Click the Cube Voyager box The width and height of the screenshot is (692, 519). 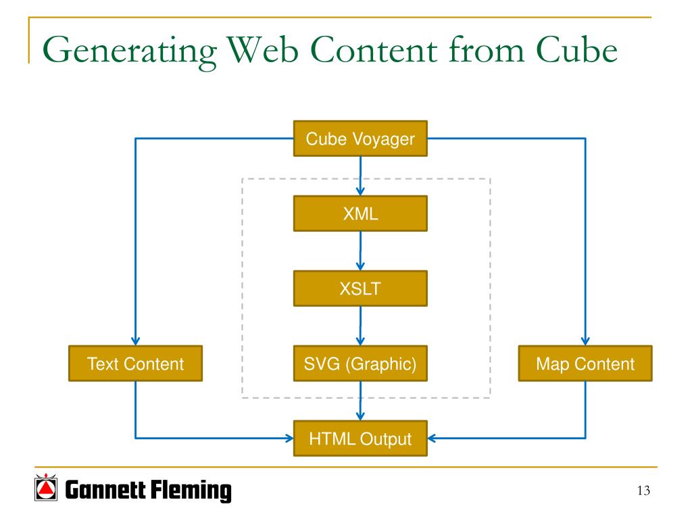pyautogui.click(x=360, y=139)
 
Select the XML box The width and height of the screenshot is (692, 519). pyautogui.click(x=360, y=214)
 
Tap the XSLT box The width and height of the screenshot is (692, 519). pyautogui.click(x=360, y=289)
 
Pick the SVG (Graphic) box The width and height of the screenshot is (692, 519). pyautogui.click(x=360, y=364)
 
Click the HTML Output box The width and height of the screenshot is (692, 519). pyautogui.click(x=360, y=439)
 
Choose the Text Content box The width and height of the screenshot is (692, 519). pyautogui.click(x=135, y=364)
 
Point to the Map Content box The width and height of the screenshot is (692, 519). pyautogui.click(x=585, y=364)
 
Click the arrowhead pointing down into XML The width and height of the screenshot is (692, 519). pyautogui.click(x=360, y=191)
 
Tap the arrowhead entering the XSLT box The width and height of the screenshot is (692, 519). pyautogui.click(x=360, y=266)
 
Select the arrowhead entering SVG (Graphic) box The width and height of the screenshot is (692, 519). pyautogui.click(x=360, y=341)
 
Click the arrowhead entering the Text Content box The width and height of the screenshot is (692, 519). pyautogui.click(x=135, y=341)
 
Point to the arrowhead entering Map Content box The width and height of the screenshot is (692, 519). pyautogui.click(x=585, y=341)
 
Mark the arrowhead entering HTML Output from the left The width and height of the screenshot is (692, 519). pyautogui.click(x=289, y=438)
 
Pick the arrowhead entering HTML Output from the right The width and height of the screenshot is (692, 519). pyautogui.click(x=432, y=438)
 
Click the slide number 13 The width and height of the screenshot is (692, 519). pyautogui.click(x=643, y=491)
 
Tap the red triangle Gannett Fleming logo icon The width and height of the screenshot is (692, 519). pyautogui.click(x=46, y=488)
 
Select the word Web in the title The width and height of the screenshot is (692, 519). pyautogui.click(x=263, y=50)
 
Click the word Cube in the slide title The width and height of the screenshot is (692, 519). pyautogui.click(x=576, y=49)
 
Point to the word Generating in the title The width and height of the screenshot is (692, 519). pyautogui.click(x=130, y=52)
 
